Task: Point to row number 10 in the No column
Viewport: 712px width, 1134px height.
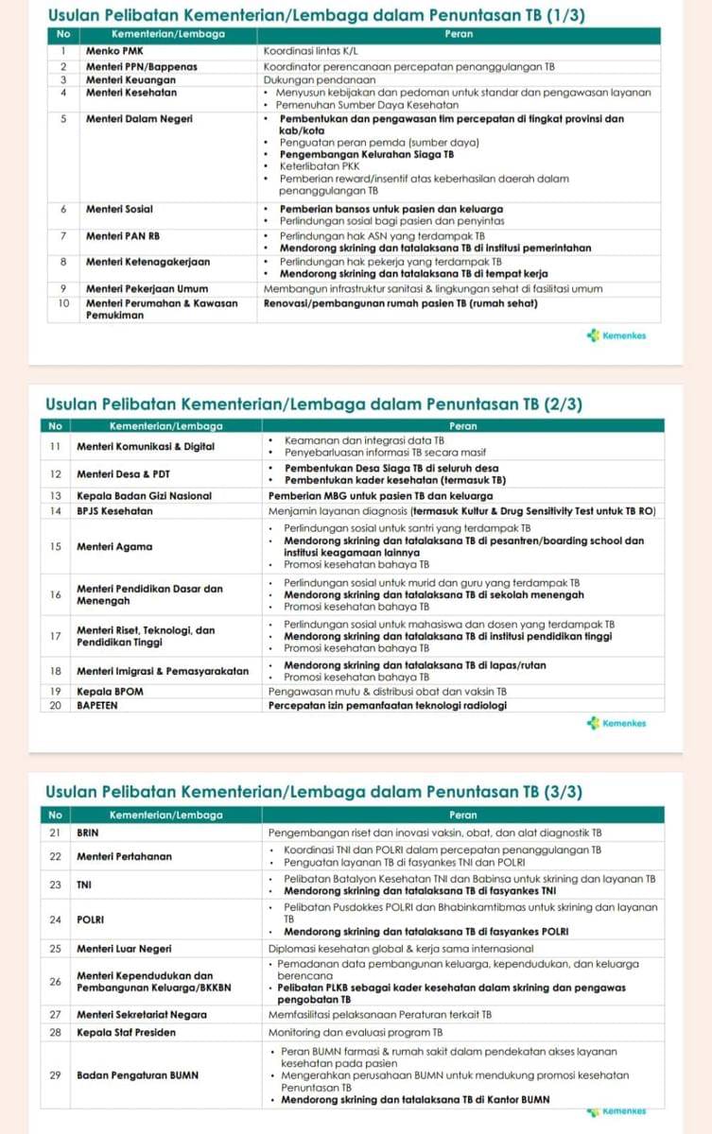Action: click(x=62, y=303)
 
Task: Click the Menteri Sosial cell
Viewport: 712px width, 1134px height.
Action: click(x=119, y=209)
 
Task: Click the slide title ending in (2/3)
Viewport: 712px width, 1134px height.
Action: click(x=313, y=404)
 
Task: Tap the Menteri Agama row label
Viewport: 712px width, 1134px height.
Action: click(x=114, y=546)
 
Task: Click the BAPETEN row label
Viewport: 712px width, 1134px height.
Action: click(x=97, y=705)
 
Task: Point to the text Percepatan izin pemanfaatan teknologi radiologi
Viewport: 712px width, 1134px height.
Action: click(x=388, y=705)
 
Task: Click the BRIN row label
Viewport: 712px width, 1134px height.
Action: click(x=87, y=833)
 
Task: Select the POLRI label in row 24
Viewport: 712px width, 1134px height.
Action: click(x=91, y=919)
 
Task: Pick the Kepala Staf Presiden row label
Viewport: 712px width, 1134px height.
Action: click(x=126, y=1032)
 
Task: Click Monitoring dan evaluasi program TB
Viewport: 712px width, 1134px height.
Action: click(x=356, y=1032)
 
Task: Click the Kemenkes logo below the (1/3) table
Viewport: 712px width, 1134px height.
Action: click(x=616, y=335)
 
